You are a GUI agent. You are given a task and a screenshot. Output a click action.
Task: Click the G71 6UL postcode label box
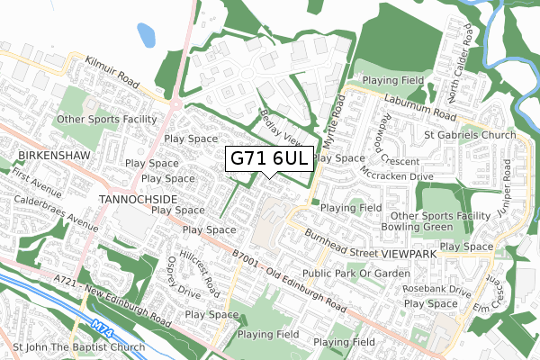pos(270,157)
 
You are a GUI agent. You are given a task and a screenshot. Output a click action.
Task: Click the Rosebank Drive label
pos(437,291)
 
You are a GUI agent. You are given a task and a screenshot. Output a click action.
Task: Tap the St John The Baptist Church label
pos(79,346)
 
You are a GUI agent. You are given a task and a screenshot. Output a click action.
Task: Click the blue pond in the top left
pos(147,34)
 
